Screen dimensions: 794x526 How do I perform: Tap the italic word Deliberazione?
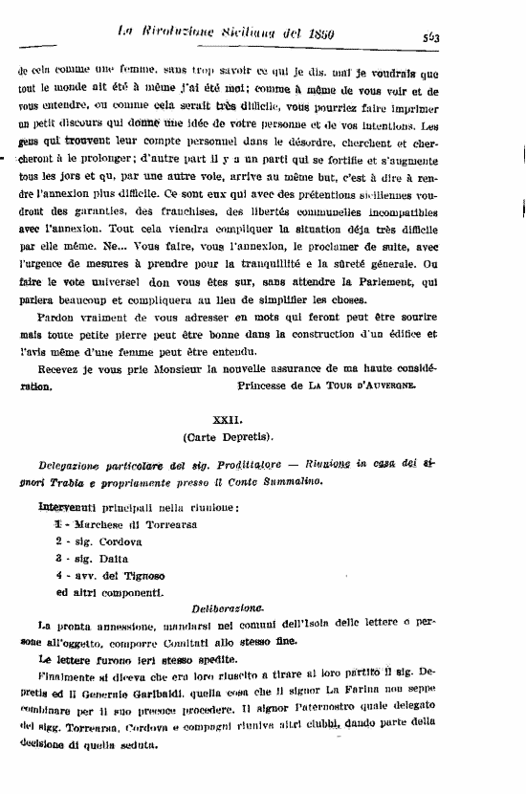[x=227, y=608]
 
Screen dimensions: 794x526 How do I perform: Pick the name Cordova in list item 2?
[x=124, y=541]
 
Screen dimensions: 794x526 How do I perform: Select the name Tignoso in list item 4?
[x=143, y=575]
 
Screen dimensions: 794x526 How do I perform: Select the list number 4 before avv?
[x=59, y=575]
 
